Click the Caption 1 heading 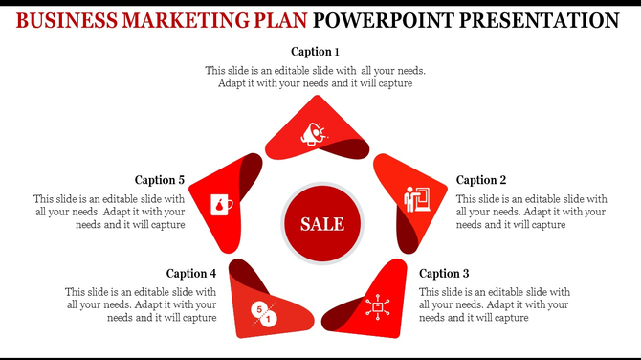[315, 51]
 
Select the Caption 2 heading [481, 180]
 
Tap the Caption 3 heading [444, 273]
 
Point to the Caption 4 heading [191, 273]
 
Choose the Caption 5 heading [160, 180]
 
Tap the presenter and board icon [417, 200]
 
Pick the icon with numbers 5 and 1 [263, 312]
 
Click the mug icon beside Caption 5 [222, 205]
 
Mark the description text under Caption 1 [315, 77]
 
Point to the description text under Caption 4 [141, 304]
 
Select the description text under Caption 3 [495, 304]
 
